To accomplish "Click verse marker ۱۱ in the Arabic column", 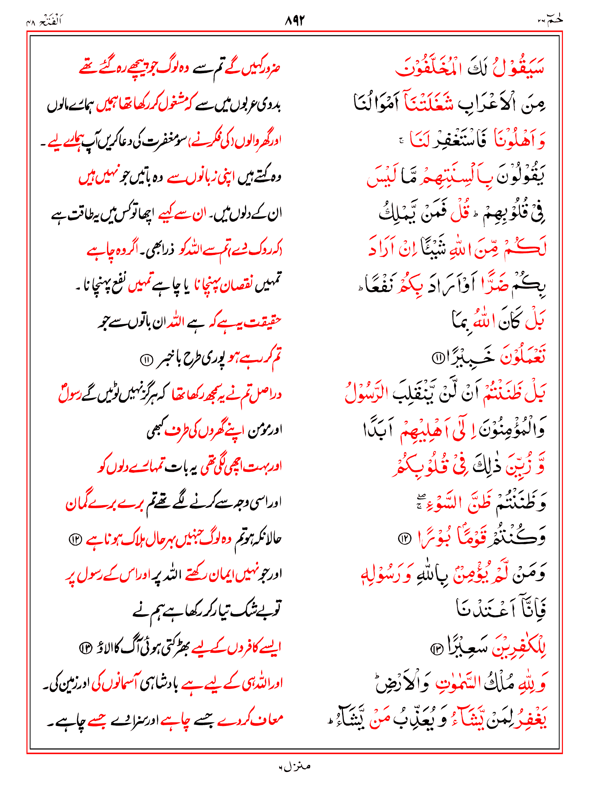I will coord(437,358).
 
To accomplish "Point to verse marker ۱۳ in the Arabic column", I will coord(436,649).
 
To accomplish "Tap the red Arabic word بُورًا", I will coord(435,539).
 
